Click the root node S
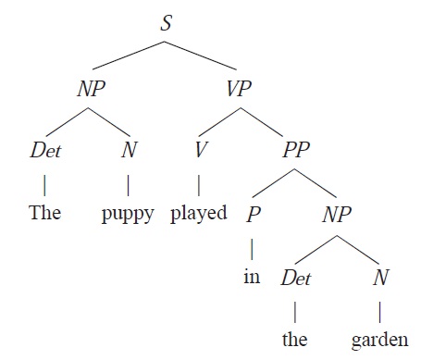(167, 24)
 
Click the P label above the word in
(253, 215)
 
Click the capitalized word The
(44, 214)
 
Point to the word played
(199, 215)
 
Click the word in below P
(253, 276)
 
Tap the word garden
(379, 339)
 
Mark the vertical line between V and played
(199, 181)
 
